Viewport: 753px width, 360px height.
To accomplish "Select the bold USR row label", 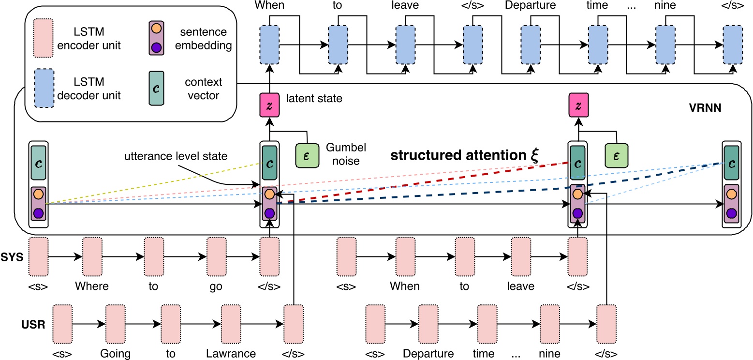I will coord(34,323).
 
